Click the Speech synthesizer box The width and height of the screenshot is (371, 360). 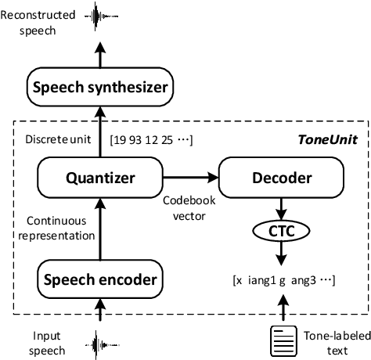(x=99, y=88)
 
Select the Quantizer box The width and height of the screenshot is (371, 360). (x=99, y=178)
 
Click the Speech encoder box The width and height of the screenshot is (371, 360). (x=99, y=279)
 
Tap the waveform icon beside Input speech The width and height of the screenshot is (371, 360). (x=99, y=342)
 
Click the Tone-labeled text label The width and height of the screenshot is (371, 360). (x=326, y=340)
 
